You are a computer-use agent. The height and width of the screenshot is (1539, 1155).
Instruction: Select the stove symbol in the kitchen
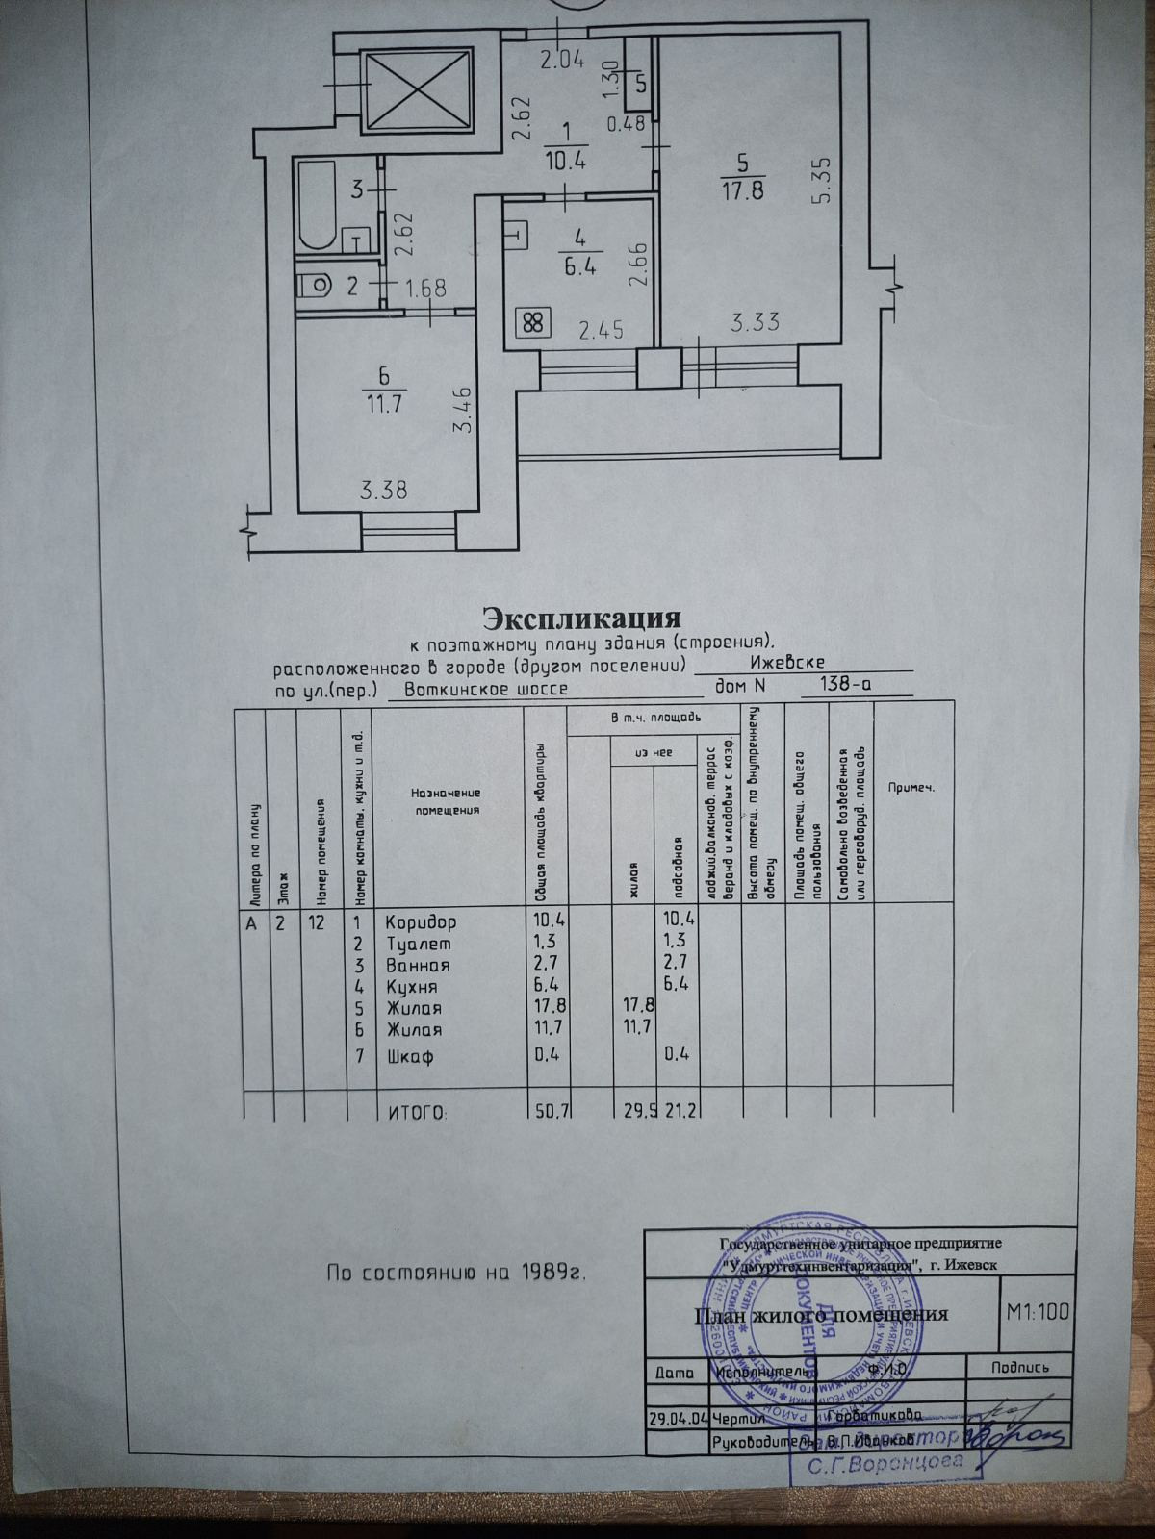click(531, 323)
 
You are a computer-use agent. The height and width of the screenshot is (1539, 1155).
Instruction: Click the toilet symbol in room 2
click(314, 284)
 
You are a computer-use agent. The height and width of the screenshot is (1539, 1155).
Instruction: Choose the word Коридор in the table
click(421, 921)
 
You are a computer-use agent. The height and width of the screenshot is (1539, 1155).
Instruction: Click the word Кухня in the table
click(412, 987)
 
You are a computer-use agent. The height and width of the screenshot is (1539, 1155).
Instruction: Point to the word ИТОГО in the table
click(417, 1112)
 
